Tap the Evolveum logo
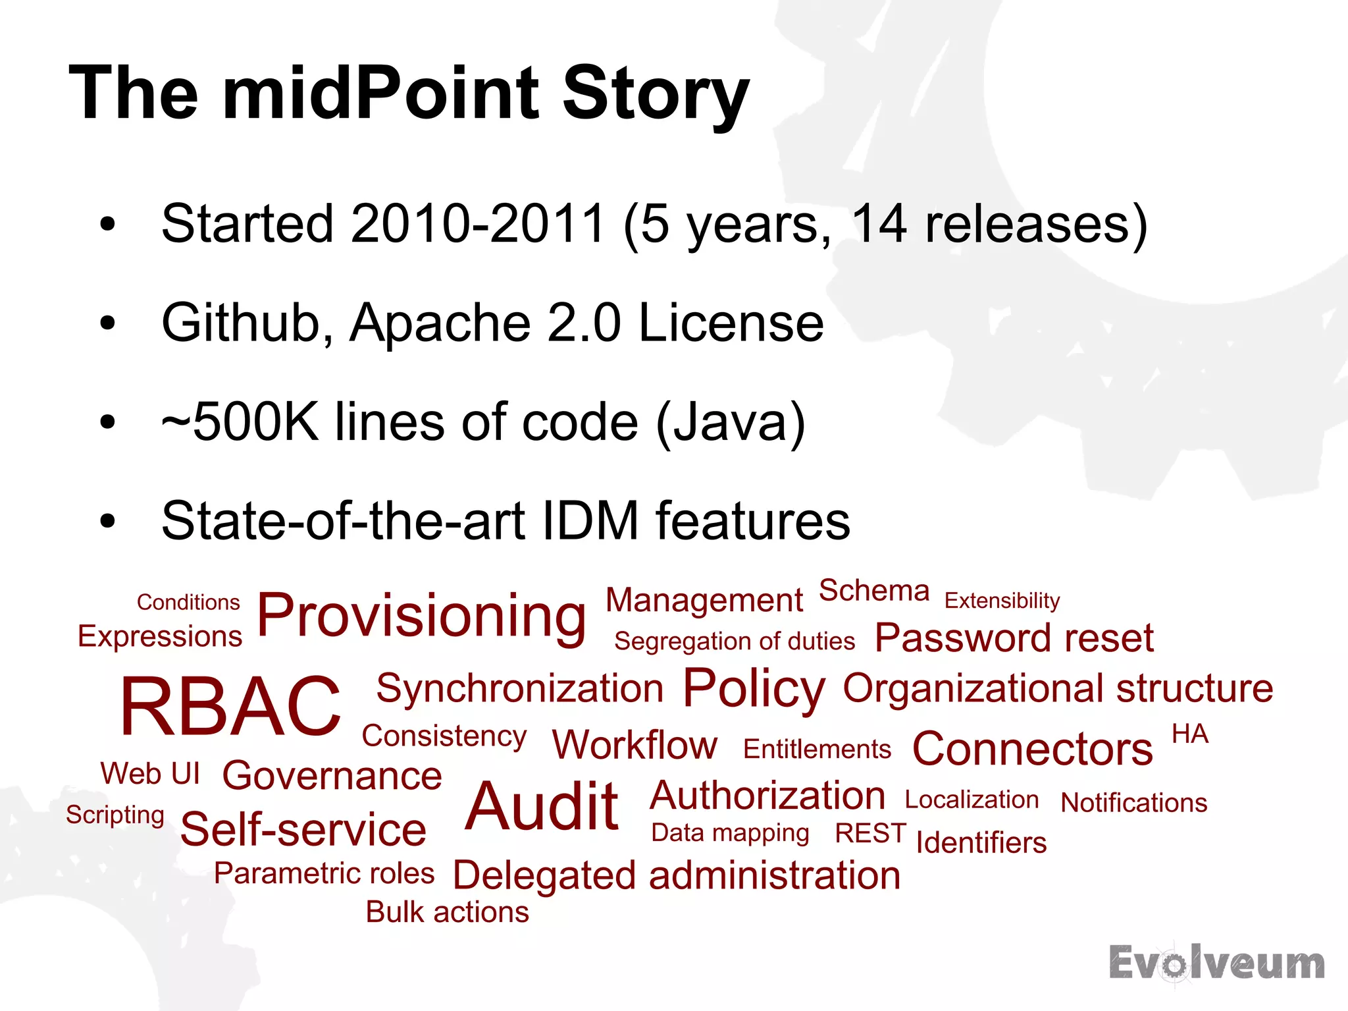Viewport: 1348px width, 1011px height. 1216,964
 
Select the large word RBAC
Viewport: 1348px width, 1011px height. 230,707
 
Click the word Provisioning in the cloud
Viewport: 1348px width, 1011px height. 421,616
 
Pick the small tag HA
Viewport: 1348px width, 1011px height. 1190,734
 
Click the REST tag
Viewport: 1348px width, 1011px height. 870,833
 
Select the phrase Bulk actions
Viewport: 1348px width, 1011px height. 447,913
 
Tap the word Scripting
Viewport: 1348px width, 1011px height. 115,815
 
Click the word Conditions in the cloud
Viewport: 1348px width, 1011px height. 188,602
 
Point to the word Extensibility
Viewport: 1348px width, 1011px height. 1002,601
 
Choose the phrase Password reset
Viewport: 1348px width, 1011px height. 1014,638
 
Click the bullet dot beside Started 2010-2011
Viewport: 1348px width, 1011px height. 108,225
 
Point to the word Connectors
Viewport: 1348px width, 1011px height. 1032,750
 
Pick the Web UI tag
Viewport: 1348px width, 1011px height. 150,773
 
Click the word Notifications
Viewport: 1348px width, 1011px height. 1133,803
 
